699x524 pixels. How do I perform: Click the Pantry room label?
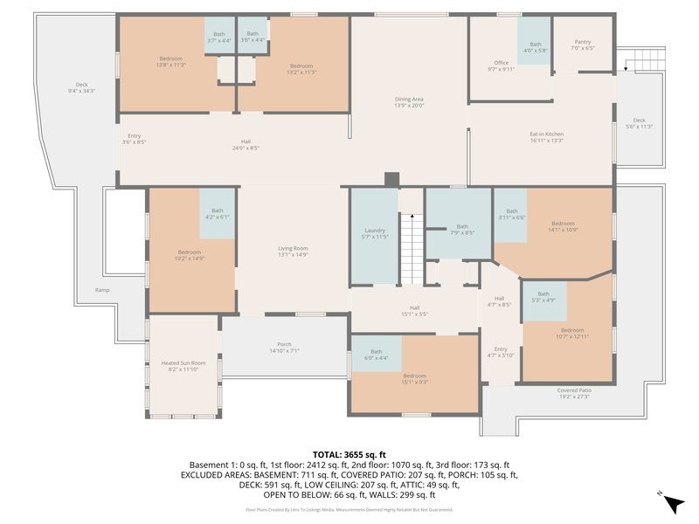582,45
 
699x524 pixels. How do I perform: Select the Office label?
501,65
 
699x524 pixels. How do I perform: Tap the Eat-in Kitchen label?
546,137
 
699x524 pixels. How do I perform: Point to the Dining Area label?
409,102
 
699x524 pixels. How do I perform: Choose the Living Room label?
294,251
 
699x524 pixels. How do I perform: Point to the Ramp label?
103,290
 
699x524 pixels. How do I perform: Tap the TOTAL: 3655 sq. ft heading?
349,455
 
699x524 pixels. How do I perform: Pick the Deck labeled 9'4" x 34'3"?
81,88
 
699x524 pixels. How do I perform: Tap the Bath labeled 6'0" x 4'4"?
376,355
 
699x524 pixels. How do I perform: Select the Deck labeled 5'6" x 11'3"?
640,123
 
